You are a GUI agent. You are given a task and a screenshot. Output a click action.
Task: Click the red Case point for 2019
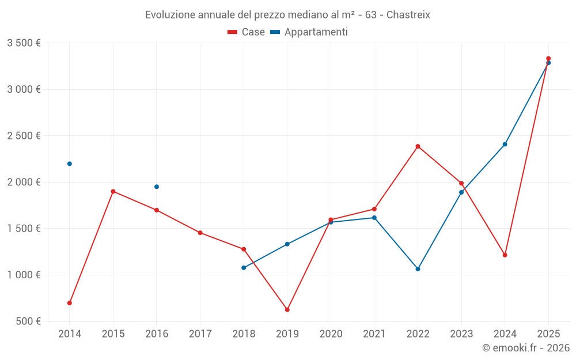[x=287, y=310]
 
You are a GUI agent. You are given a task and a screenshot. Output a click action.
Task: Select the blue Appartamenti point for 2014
[x=70, y=164]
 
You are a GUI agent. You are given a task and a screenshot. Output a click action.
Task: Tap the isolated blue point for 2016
[x=157, y=187]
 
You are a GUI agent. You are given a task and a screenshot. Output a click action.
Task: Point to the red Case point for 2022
[x=418, y=146]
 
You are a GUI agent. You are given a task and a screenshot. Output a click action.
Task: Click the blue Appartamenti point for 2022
[x=418, y=269]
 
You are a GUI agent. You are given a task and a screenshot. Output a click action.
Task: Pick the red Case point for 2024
[x=505, y=255]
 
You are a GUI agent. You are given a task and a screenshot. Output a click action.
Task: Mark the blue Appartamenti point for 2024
[x=505, y=144]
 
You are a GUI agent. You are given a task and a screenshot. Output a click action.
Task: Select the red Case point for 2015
[x=113, y=191]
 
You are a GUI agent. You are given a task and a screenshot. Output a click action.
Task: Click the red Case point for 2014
[x=70, y=303]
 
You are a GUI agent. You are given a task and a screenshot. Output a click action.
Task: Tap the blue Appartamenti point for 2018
[x=244, y=268]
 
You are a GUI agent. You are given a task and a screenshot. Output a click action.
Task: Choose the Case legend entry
[x=247, y=32]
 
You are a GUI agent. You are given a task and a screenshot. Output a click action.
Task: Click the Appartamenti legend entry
[x=309, y=32]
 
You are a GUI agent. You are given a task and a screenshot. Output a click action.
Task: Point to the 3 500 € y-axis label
[x=24, y=43]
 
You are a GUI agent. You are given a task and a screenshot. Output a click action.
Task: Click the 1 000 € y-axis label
[x=24, y=275]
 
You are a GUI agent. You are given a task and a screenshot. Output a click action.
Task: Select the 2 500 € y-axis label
[x=24, y=136]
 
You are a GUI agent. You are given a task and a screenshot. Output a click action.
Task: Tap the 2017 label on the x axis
[x=200, y=334]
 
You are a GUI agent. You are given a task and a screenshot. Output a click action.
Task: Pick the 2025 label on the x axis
[x=548, y=334]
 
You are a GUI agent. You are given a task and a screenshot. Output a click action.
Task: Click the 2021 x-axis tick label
[x=374, y=334]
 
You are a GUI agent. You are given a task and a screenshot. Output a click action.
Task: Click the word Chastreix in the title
[x=408, y=14]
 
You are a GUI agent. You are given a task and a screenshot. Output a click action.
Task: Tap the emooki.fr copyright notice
[x=525, y=348]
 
